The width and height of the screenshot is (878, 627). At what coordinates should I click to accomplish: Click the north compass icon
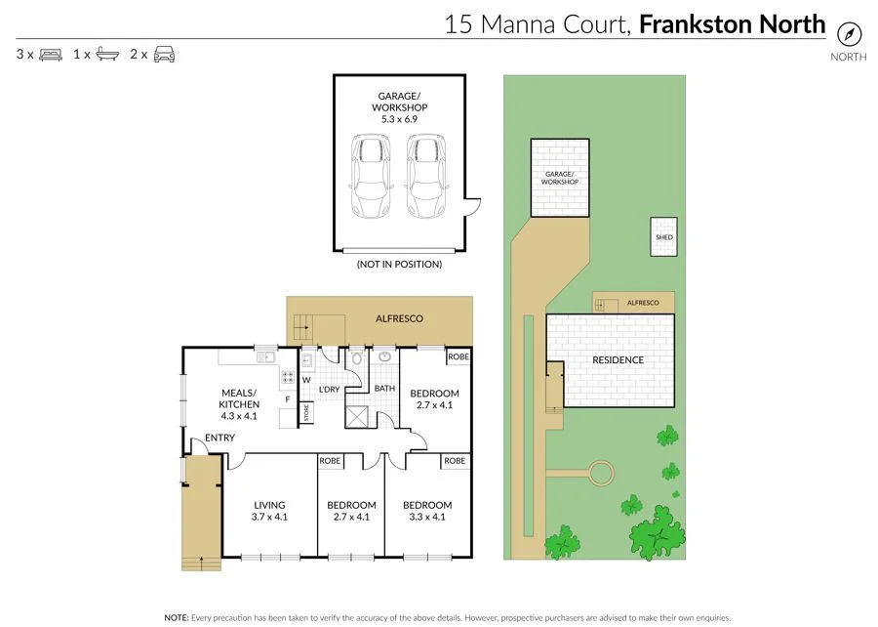point(850,32)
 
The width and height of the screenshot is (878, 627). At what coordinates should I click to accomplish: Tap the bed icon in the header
point(53,54)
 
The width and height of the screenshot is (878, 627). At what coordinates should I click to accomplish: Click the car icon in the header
point(164,54)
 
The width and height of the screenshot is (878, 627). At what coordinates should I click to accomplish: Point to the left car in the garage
point(370,176)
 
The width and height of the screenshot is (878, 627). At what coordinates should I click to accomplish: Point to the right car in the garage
point(425,176)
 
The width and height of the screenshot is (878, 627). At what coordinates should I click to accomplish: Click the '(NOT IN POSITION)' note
point(399,264)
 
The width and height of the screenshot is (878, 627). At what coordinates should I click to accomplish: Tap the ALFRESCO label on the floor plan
point(400,318)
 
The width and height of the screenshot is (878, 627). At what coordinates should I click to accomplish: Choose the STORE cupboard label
point(304,413)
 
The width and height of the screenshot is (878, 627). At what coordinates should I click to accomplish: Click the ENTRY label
point(219,438)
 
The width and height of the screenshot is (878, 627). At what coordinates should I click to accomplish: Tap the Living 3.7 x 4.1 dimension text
point(269,518)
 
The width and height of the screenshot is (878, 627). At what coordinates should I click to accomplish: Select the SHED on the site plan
point(664,237)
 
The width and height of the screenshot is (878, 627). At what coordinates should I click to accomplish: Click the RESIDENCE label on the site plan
point(619,360)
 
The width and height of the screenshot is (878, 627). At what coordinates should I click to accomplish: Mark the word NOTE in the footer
point(176,617)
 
